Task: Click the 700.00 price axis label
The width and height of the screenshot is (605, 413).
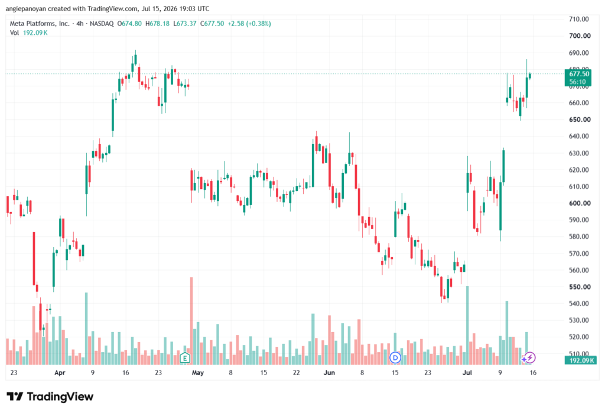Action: tap(580, 36)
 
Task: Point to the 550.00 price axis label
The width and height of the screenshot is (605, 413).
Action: tap(580, 287)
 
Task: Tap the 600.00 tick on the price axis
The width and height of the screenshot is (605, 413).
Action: tap(580, 203)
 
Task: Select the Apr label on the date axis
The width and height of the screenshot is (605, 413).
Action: tap(60, 372)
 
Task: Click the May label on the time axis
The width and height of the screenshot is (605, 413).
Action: tap(197, 372)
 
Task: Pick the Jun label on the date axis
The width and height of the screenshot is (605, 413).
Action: tap(329, 372)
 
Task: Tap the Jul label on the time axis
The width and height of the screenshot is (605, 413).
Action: tap(467, 372)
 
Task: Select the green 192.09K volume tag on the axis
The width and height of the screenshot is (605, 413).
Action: tap(580, 360)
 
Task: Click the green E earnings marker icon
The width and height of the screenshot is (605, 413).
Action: tap(185, 358)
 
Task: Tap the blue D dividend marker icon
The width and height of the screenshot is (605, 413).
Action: tap(395, 358)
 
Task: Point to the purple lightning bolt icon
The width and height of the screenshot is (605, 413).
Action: tap(530, 358)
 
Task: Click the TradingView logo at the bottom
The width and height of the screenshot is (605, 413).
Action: tap(50, 396)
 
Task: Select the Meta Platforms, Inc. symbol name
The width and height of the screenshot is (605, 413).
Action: tap(40, 24)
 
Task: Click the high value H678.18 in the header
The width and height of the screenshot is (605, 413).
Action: tap(157, 24)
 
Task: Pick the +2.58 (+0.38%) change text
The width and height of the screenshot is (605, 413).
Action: tap(249, 24)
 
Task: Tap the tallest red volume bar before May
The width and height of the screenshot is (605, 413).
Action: tap(191, 321)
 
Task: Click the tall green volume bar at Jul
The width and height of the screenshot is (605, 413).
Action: tap(467, 326)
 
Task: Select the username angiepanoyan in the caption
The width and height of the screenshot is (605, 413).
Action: tap(25, 8)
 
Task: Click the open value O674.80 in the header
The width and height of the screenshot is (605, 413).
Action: tap(129, 24)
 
